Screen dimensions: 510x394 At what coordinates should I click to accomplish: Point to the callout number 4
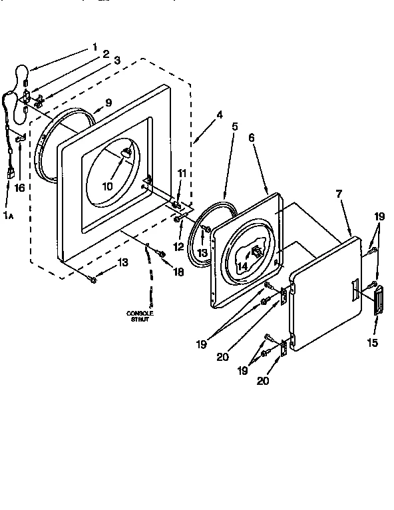pos(219,114)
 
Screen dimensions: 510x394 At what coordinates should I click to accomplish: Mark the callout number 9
pos(108,103)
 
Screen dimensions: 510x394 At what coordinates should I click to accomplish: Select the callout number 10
pos(108,186)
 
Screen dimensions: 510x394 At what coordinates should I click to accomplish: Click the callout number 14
pos(243,266)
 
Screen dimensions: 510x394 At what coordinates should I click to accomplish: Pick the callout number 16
pos(19,188)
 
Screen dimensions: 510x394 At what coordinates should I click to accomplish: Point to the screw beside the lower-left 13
pos(93,280)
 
